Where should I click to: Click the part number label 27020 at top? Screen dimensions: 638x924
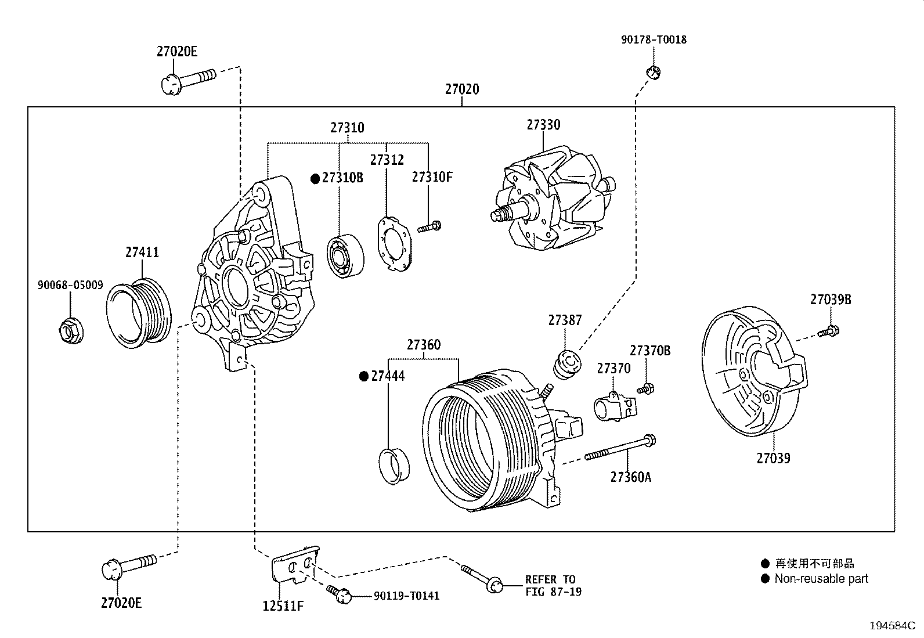pyautogui.click(x=462, y=89)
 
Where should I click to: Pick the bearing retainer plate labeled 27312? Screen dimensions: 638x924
pyautogui.click(x=394, y=243)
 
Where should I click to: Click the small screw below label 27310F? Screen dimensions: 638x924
pyautogui.click(x=429, y=226)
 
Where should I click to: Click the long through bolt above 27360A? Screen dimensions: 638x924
pyautogui.click(x=620, y=448)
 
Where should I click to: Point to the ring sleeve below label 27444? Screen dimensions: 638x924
pyautogui.click(x=394, y=464)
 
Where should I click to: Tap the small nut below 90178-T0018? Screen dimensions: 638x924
pyautogui.click(x=654, y=72)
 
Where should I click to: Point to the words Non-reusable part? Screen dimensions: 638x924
pyautogui.click(x=821, y=578)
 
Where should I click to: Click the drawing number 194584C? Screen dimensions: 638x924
pyautogui.click(x=891, y=626)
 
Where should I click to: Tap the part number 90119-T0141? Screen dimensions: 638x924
pyautogui.click(x=406, y=596)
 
